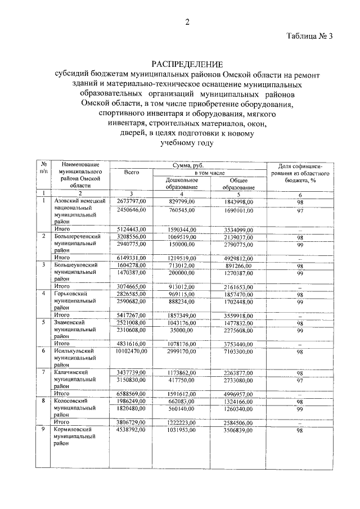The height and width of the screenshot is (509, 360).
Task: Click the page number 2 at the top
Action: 188,22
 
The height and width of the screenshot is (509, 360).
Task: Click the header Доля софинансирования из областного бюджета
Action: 308,173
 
